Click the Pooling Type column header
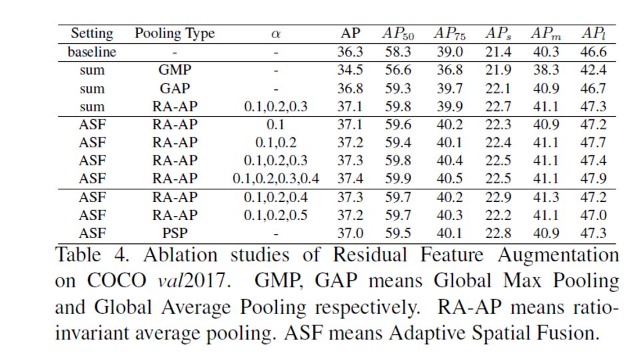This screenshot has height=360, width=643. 175,34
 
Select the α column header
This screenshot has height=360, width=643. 276,34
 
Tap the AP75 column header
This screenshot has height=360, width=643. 451,34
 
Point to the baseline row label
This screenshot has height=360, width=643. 92,52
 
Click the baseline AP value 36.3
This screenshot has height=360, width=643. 349,52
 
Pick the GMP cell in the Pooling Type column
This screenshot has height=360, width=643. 175,70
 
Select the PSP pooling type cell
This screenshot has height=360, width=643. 175,233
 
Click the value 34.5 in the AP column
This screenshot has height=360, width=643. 349,70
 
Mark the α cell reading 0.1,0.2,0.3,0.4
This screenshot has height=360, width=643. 276,179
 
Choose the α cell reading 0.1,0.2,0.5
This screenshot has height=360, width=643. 276,215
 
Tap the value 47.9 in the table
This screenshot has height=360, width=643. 593,179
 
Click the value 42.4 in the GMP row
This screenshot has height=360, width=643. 593,70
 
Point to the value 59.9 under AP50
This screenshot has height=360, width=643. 398,179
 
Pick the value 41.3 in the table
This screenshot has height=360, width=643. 546,197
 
